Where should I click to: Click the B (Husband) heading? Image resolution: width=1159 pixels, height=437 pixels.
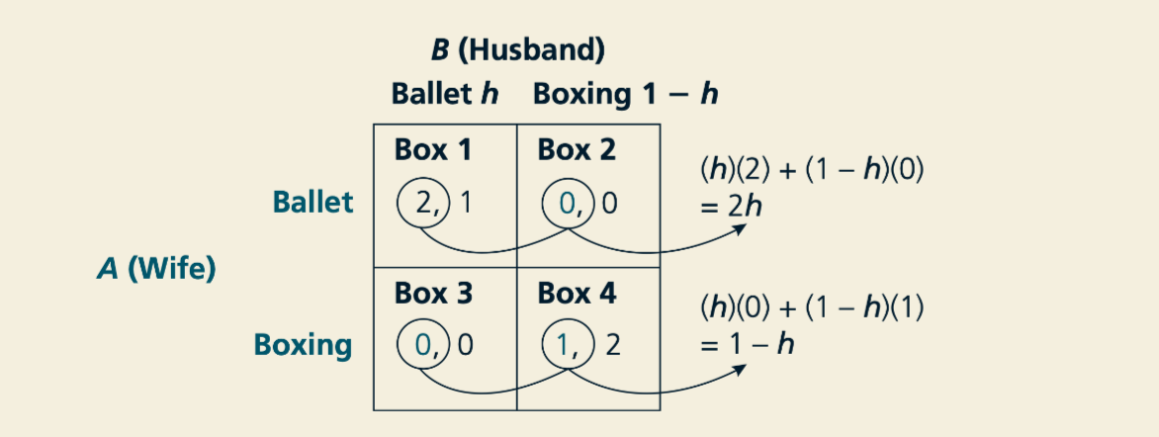pyautogui.click(x=517, y=51)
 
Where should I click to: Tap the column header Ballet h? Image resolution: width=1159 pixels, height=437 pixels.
pyautogui.click(x=444, y=95)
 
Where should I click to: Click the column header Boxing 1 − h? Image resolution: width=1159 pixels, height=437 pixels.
pyautogui.click(x=625, y=95)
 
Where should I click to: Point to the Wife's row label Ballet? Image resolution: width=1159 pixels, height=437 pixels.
pyautogui.click(x=312, y=202)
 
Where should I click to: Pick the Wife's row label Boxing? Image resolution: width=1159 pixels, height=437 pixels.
pyautogui.click(x=303, y=345)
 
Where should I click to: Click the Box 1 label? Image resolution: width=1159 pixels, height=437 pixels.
pyautogui.click(x=432, y=150)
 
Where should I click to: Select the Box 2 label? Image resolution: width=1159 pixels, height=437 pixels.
pyautogui.click(x=577, y=150)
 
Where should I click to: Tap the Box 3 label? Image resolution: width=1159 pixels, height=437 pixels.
pyautogui.click(x=432, y=294)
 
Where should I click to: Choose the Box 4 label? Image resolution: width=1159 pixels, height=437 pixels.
pyautogui.click(x=577, y=294)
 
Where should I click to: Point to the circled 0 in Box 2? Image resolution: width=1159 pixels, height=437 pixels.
pyautogui.click(x=568, y=203)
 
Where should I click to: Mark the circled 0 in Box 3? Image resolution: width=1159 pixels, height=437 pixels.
pyautogui.click(x=424, y=346)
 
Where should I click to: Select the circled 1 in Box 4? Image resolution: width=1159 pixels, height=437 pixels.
pyautogui.click(x=568, y=346)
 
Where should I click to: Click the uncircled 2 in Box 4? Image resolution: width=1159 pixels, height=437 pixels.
pyautogui.click(x=612, y=346)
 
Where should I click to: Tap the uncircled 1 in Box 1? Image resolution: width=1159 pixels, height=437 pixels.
pyautogui.click(x=465, y=203)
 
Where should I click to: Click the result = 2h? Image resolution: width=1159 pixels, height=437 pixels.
pyautogui.click(x=730, y=207)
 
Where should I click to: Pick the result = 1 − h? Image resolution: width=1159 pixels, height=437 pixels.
pyautogui.click(x=747, y=344)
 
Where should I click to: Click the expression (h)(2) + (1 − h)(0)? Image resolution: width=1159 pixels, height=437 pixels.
pyautogui.click(x=811, y=172)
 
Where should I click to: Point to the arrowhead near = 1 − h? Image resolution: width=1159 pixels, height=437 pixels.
pyautogui.click(x=739, y=368)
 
